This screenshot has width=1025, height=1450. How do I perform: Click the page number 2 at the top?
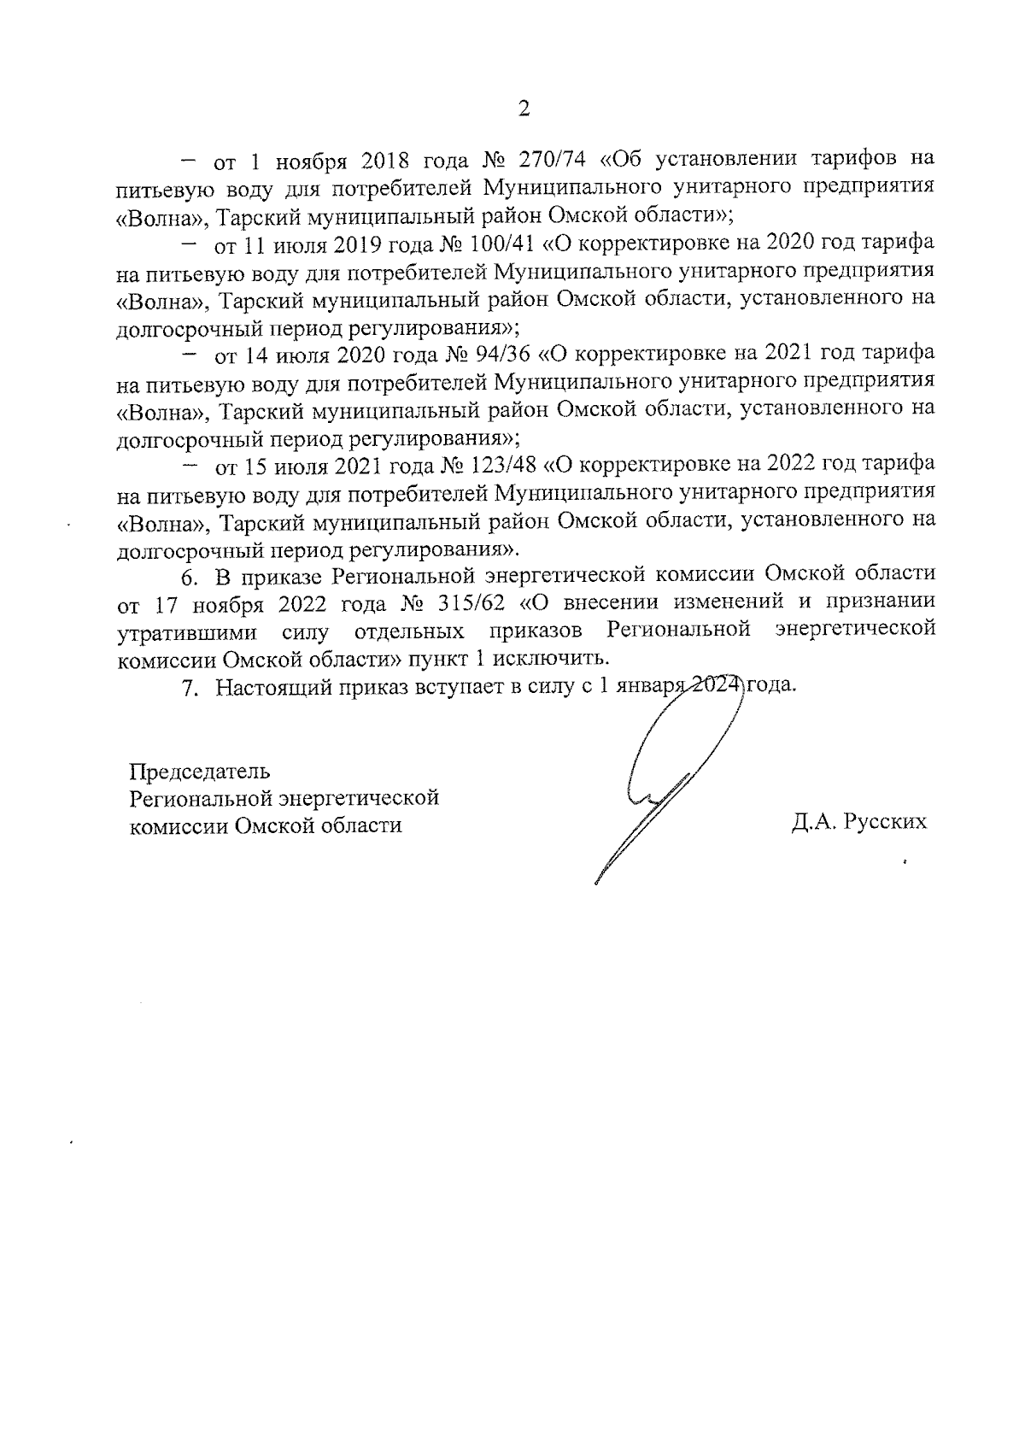[x=524, y=109]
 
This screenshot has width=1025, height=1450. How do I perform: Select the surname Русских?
[x=885, y=823]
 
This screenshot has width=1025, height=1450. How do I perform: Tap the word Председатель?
[x=199, y=771]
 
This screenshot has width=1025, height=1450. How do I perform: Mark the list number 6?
[x=190, y=574]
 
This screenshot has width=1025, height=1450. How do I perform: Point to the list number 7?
[x=190, y=686]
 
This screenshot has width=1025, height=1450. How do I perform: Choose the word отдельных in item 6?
[x=409, y=631]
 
